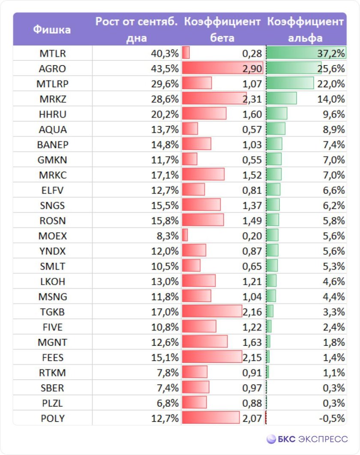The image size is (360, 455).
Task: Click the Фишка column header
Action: tap(52, 30)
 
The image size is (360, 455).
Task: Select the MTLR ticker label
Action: tap(53, 54)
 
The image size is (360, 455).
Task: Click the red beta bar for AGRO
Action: tap(222, 69)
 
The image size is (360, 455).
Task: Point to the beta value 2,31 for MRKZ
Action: tap(252, 99)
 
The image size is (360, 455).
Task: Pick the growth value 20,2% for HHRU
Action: tap(165, 114)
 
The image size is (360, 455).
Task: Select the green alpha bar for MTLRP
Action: tap(290, 84)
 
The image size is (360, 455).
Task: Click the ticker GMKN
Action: tap(53, 160)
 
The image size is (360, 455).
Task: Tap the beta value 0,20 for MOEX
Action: tap(252, 236)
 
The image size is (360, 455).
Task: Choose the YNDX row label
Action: tap(53, 251)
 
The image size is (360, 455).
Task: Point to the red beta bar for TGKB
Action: tap(212, 312)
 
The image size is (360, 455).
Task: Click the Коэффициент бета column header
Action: tap(222, 30)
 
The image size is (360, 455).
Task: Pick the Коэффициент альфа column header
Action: tap(306, 30)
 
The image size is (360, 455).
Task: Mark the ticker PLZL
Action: tap(53, 403)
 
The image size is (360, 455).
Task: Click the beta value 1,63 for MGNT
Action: tap(252, 342)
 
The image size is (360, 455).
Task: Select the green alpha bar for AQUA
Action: tap(276, 129)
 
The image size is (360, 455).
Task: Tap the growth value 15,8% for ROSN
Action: tap(165, 221)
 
